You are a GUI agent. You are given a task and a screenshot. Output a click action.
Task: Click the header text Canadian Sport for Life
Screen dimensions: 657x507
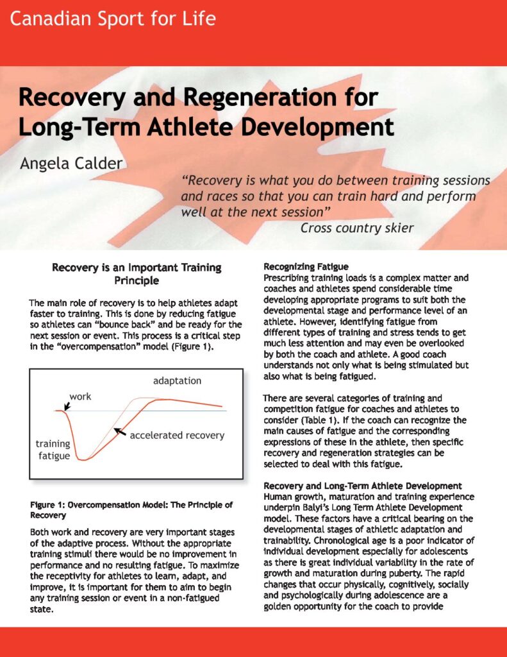click(x=113, y=18)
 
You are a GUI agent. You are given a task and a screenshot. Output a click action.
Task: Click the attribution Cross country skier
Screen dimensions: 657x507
click(x=358, y=227)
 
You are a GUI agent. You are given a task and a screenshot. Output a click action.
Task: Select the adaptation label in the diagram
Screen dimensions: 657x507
click(x=177, y=381)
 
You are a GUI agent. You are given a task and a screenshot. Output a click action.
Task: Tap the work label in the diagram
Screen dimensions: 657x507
click(x=80, y=397)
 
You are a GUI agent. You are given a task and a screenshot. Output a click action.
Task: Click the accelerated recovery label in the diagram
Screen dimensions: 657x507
click(x=177, y=435)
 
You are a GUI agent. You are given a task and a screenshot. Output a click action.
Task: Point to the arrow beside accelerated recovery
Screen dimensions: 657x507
click(x=119, y=433)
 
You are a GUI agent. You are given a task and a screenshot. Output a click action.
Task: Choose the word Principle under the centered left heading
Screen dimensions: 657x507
click(x=137, y=280)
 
